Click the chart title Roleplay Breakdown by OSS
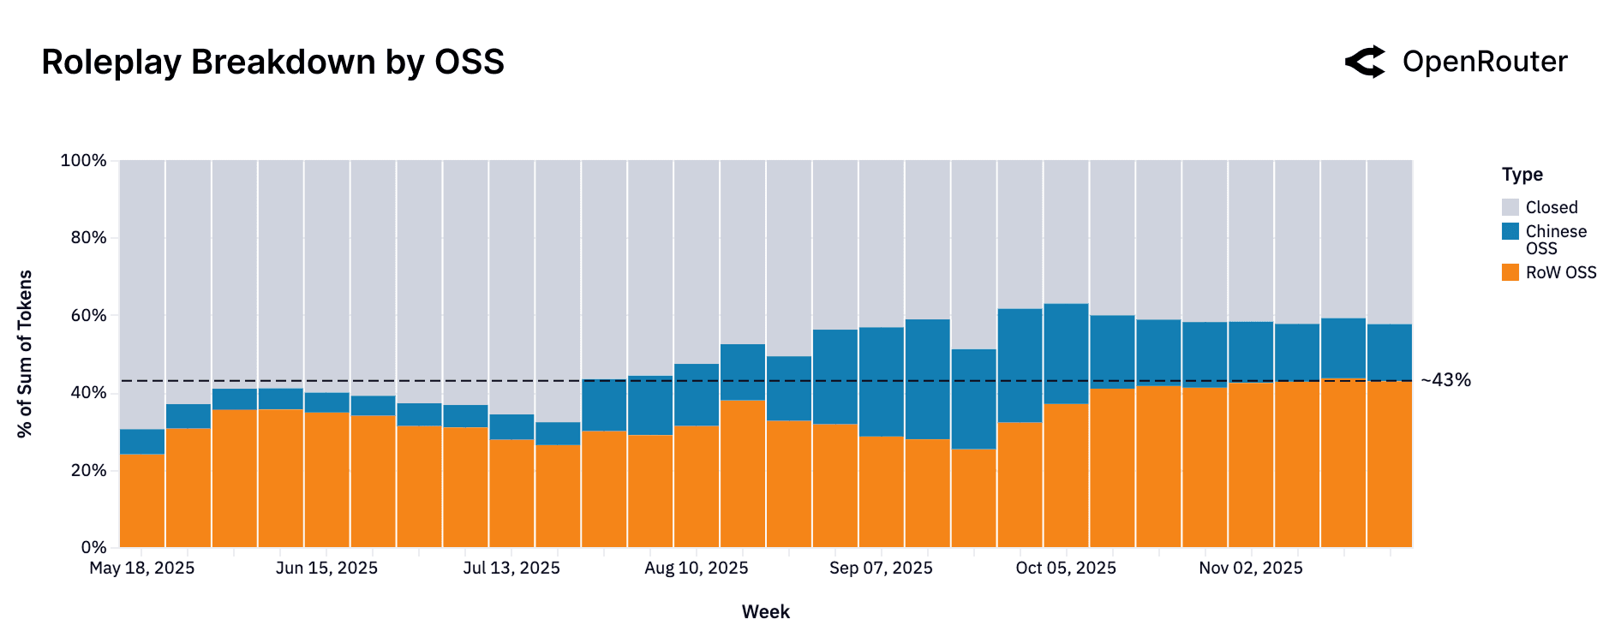point(272,62)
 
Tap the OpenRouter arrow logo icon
point(1365,62)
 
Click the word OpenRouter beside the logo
point(1485,62)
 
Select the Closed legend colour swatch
point(1510,207)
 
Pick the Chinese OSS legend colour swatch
point(1510,231)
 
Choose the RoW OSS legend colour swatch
point(1510,272)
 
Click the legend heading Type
point(1522,175)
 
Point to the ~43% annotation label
point(1445,380)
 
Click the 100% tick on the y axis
point(83,161)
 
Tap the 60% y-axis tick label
point(88,316)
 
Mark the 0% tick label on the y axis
point(93,547)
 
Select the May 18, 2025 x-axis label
point(142,568)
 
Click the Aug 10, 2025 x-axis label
point(697,568)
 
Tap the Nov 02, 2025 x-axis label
point(1251,568)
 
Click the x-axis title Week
point(765,612)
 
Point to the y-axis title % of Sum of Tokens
point(25,354)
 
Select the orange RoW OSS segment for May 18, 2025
point(142,501)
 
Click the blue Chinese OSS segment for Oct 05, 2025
point(1066,354)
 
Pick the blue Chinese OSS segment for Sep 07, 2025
point(882,382)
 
